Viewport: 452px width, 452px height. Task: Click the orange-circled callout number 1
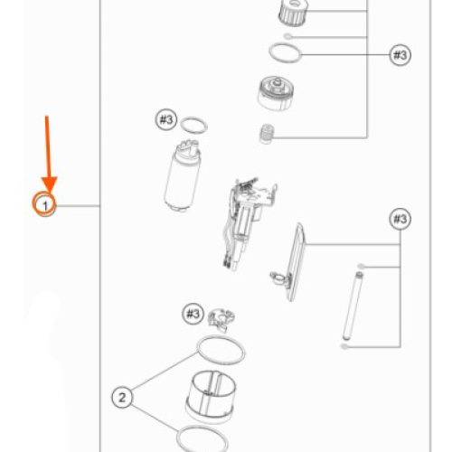click(44, 205)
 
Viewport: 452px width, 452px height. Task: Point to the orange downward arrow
click(48, 154)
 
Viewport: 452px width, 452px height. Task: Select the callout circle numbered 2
click(122, 398)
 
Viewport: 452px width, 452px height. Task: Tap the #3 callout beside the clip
click(193, 314)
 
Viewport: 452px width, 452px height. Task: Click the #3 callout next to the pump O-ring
click(166, 119)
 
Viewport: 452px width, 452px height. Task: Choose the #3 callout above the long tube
click(400, 219)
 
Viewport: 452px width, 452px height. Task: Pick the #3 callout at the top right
click(400, 55)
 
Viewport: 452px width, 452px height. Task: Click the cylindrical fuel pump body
click(183, 175)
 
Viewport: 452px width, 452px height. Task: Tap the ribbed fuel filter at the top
click(293, 12)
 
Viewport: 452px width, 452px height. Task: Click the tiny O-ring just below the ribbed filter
click(288, 36)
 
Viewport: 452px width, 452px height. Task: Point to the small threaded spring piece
click(267, 134)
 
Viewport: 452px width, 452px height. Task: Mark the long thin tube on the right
click(353, 306)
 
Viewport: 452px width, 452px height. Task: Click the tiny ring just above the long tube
click(361, 266)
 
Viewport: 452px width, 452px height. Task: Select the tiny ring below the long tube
click(344, 346)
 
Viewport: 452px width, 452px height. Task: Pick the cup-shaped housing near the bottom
click(211, 396)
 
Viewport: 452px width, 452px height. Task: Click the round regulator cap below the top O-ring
click(276, 93)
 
